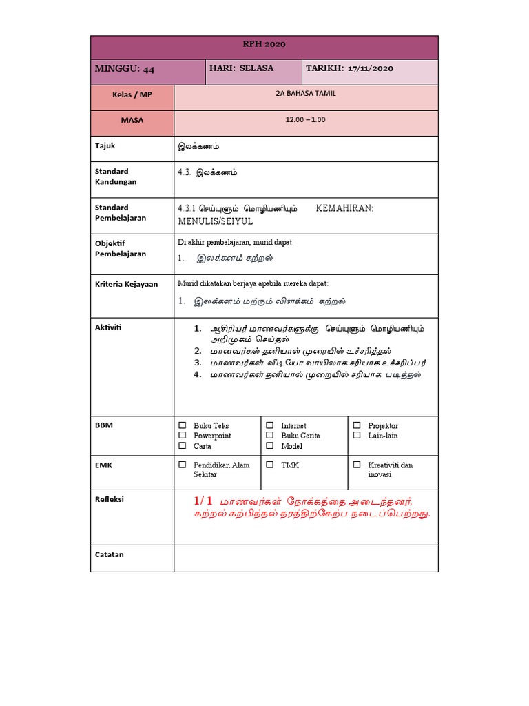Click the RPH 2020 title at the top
click(264, 44)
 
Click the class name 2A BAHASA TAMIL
click(305, 93)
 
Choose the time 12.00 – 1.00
click(305, 120)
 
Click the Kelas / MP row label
click(132, 94)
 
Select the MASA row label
click(132, 120)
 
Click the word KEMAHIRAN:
click(344, 208)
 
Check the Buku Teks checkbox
click(183, 425)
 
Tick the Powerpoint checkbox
click(183, 436)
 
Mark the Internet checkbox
click(270, 425)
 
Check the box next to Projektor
click(357, 425)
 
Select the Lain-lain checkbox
click(357, 436)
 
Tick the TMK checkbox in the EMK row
click(270, 465)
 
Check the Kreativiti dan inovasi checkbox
click(357, 465)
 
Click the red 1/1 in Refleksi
click(204, 500)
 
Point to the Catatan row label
click(109, 554)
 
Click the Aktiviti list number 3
click(197, 362)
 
